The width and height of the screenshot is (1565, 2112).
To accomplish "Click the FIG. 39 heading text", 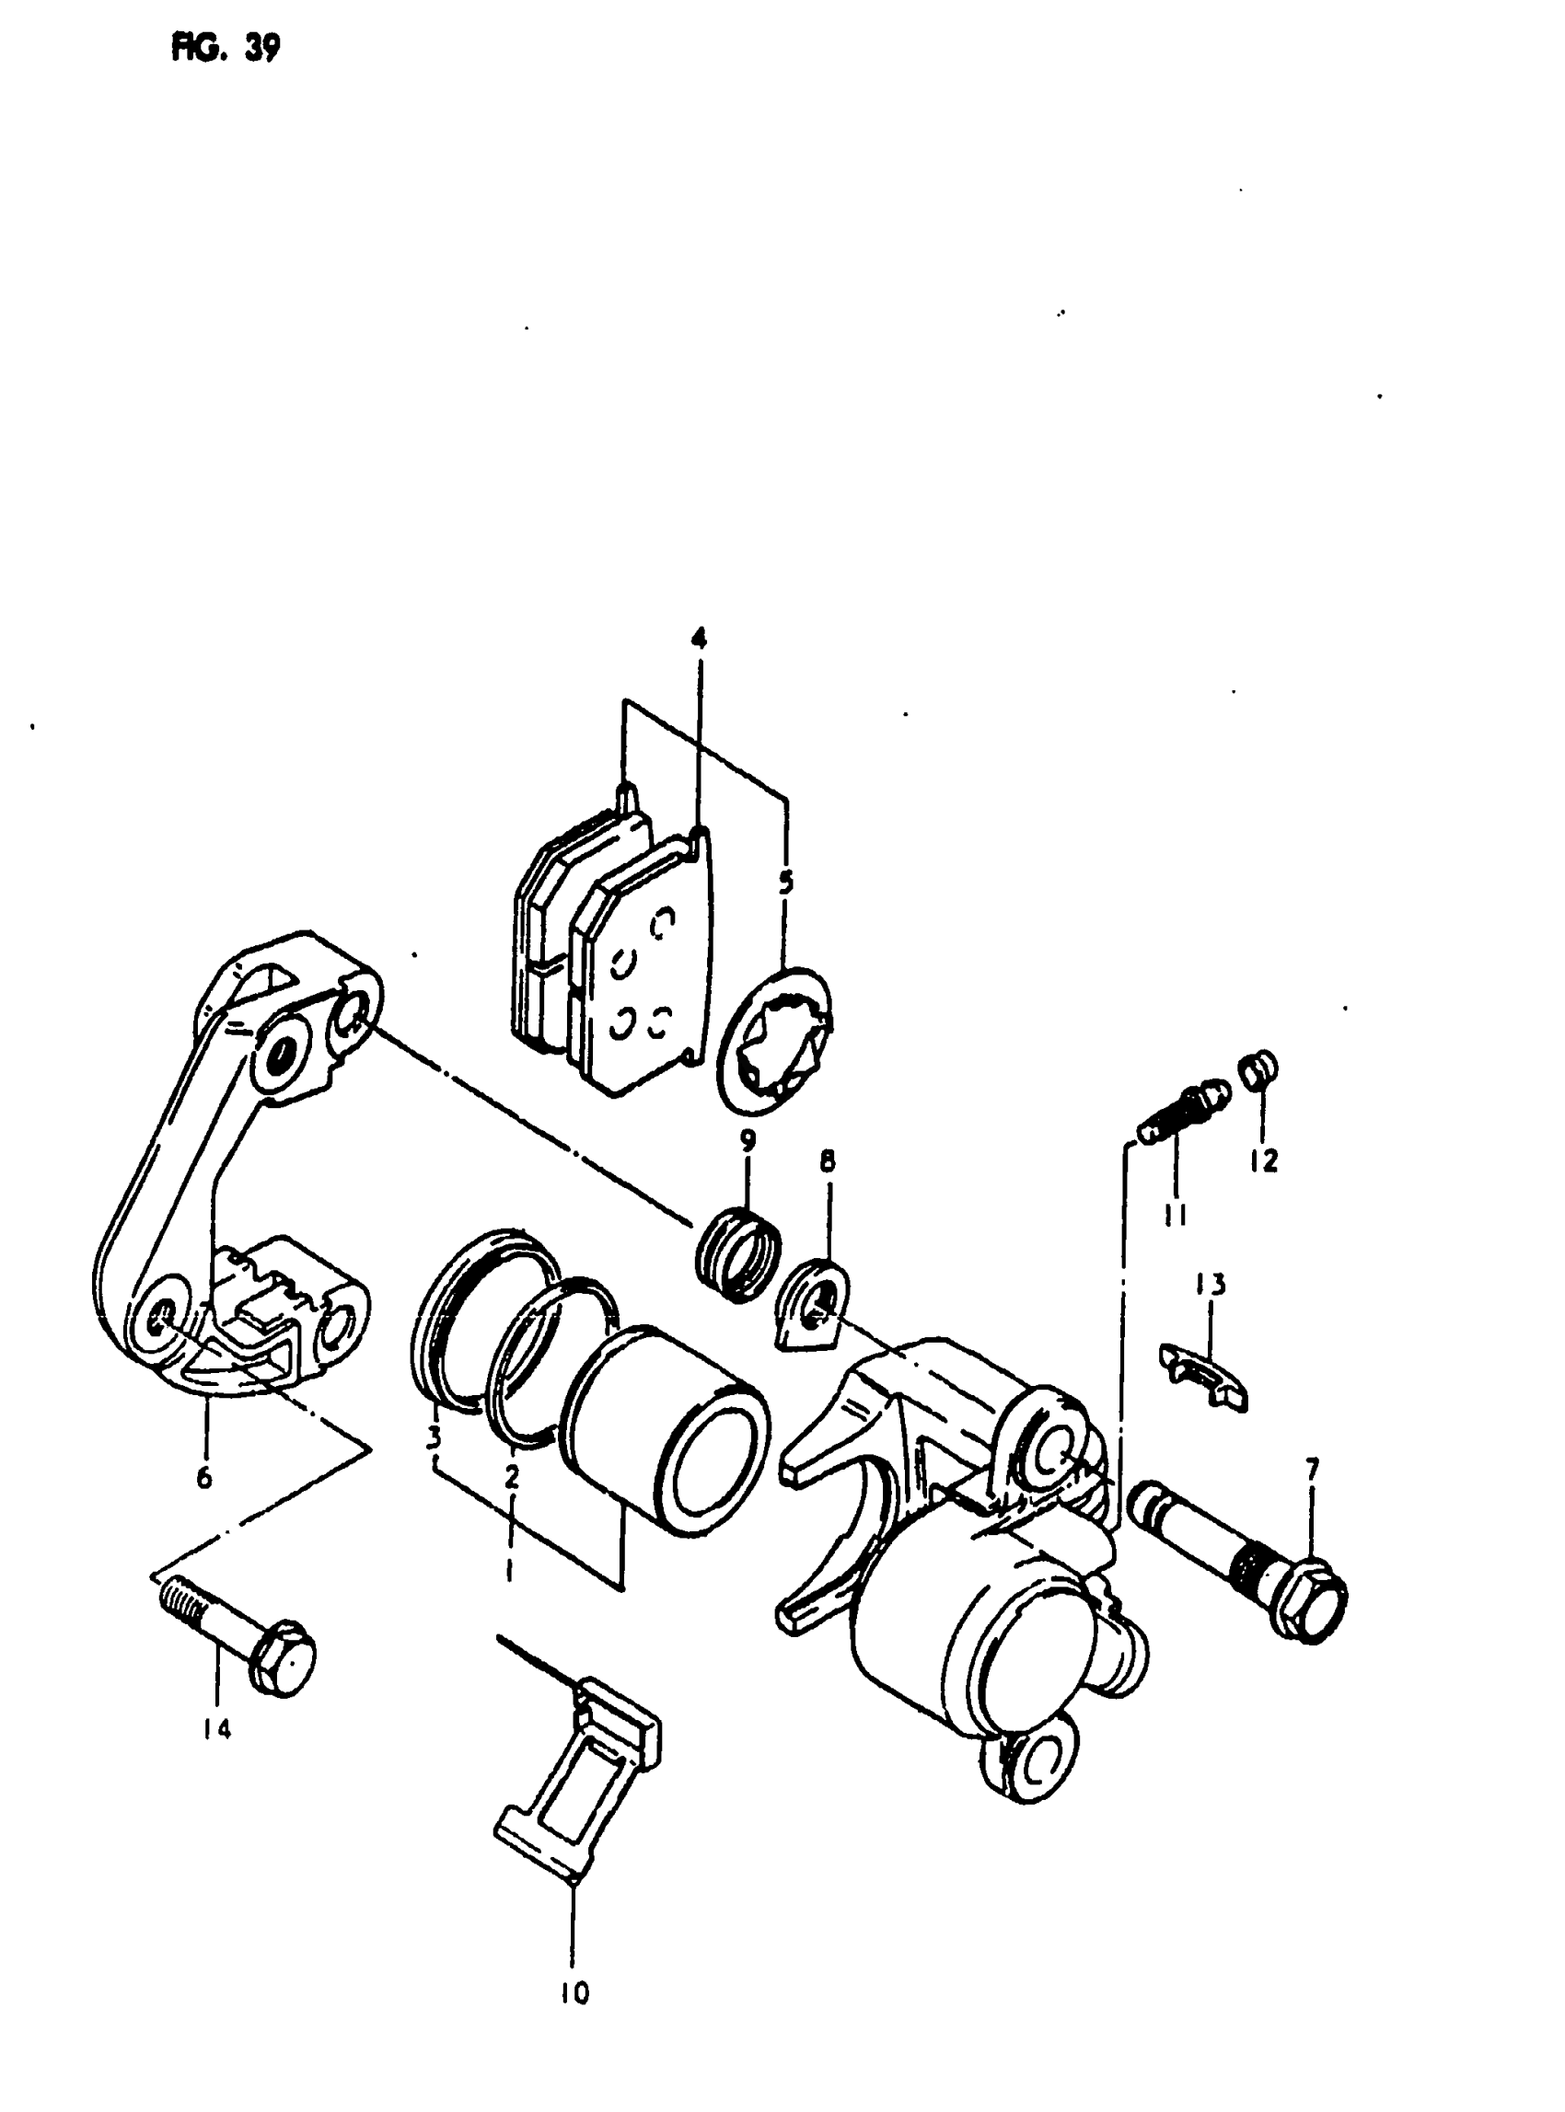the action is click(225, 46).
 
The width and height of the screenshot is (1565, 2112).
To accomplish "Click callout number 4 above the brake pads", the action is click(698, 639).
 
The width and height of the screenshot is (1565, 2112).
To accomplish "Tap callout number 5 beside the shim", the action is click(785, 883).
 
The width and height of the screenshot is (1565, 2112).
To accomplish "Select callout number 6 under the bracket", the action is click(204, 1476).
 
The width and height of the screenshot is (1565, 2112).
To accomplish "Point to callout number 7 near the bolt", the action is click(1311, 1469).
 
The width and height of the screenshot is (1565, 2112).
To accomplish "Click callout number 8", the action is click(827, 1162).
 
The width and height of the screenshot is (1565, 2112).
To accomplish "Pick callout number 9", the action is click(748, 1140).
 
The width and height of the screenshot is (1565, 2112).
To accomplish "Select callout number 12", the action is click(1264, 1160).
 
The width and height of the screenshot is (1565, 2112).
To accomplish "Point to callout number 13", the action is click(1209, 1285).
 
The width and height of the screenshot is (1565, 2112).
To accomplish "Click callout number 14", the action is click(216, 1728).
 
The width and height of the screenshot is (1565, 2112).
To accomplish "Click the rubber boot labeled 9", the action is click(740, 1253).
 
